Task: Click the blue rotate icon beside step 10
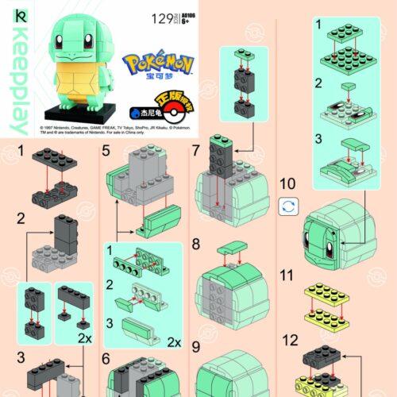pos(290,206)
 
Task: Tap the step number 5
pos(106,150)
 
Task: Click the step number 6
pos(106,359)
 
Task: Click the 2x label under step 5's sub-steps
pos(175,343)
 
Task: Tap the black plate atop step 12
pos(327,355)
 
